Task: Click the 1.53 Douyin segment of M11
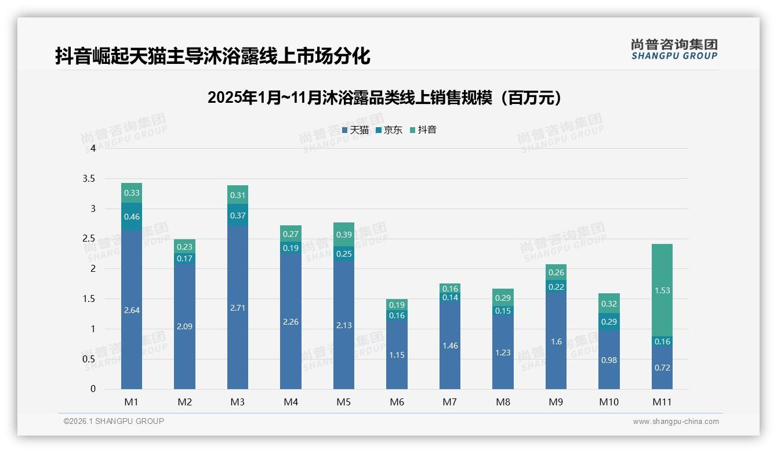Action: point(662,290)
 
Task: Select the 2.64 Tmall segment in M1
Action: point(132,310)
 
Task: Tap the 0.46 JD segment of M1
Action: point(132,217)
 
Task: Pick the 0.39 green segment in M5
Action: point(344,234)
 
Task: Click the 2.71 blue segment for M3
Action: point(238,307)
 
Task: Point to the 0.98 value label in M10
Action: point(609,360)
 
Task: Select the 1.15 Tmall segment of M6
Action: point(397,354)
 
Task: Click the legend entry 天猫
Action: point(355,130)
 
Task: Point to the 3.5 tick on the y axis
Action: point(89,178)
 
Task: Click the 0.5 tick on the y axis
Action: point(89,359)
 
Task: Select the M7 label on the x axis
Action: point(450,402)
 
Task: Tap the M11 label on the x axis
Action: point(662,402)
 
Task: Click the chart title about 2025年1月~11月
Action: point(385,98)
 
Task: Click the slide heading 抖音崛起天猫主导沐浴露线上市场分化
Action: point(212,56)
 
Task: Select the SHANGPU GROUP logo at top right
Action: point(674,49)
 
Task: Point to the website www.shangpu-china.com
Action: point(676,422)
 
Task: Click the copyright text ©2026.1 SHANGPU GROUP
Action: point(114,421)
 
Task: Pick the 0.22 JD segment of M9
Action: point(556,287)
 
